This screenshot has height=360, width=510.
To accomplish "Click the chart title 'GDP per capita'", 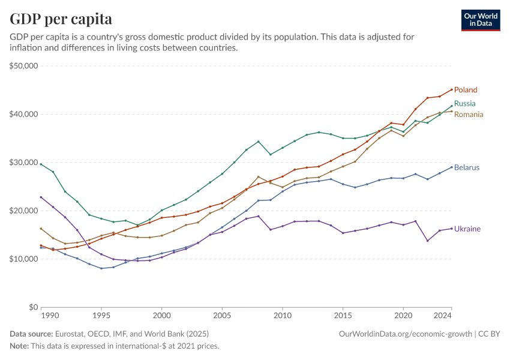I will [x=61, y=19].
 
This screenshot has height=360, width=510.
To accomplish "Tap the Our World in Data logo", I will [x=481, y=20].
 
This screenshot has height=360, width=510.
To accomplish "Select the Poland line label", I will [x=466, y=90].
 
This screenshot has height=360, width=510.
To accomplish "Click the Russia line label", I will [x=464, y=104].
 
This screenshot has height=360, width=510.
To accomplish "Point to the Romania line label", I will [x=469, y=115].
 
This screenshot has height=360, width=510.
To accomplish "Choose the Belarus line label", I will [x=467, y=167].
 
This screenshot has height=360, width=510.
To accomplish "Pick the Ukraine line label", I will [x=467, y=229].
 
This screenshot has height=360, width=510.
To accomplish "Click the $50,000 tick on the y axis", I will [x=24, y=66].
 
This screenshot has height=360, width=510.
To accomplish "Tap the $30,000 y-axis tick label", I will [x=24, y=163].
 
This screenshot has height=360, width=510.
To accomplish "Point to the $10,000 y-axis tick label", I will [x=24, y=259].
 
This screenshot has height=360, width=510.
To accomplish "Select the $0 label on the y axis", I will [x=34, y=307].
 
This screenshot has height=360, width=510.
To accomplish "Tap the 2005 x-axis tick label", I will [x=222, y=315].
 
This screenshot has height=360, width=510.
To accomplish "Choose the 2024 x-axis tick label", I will [x=443, y=315].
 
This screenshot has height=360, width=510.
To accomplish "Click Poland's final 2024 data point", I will [x=451, y=89].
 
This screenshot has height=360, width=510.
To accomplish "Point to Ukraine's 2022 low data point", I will [x=427, y=241].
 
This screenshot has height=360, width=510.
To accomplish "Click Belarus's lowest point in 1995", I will [x=101, y=268].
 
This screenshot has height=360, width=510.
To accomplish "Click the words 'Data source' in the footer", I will [x=31, y=334].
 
